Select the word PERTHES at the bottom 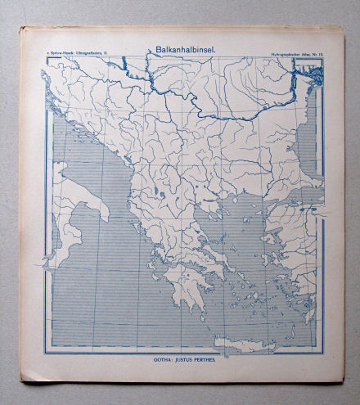tap(202, 359)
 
